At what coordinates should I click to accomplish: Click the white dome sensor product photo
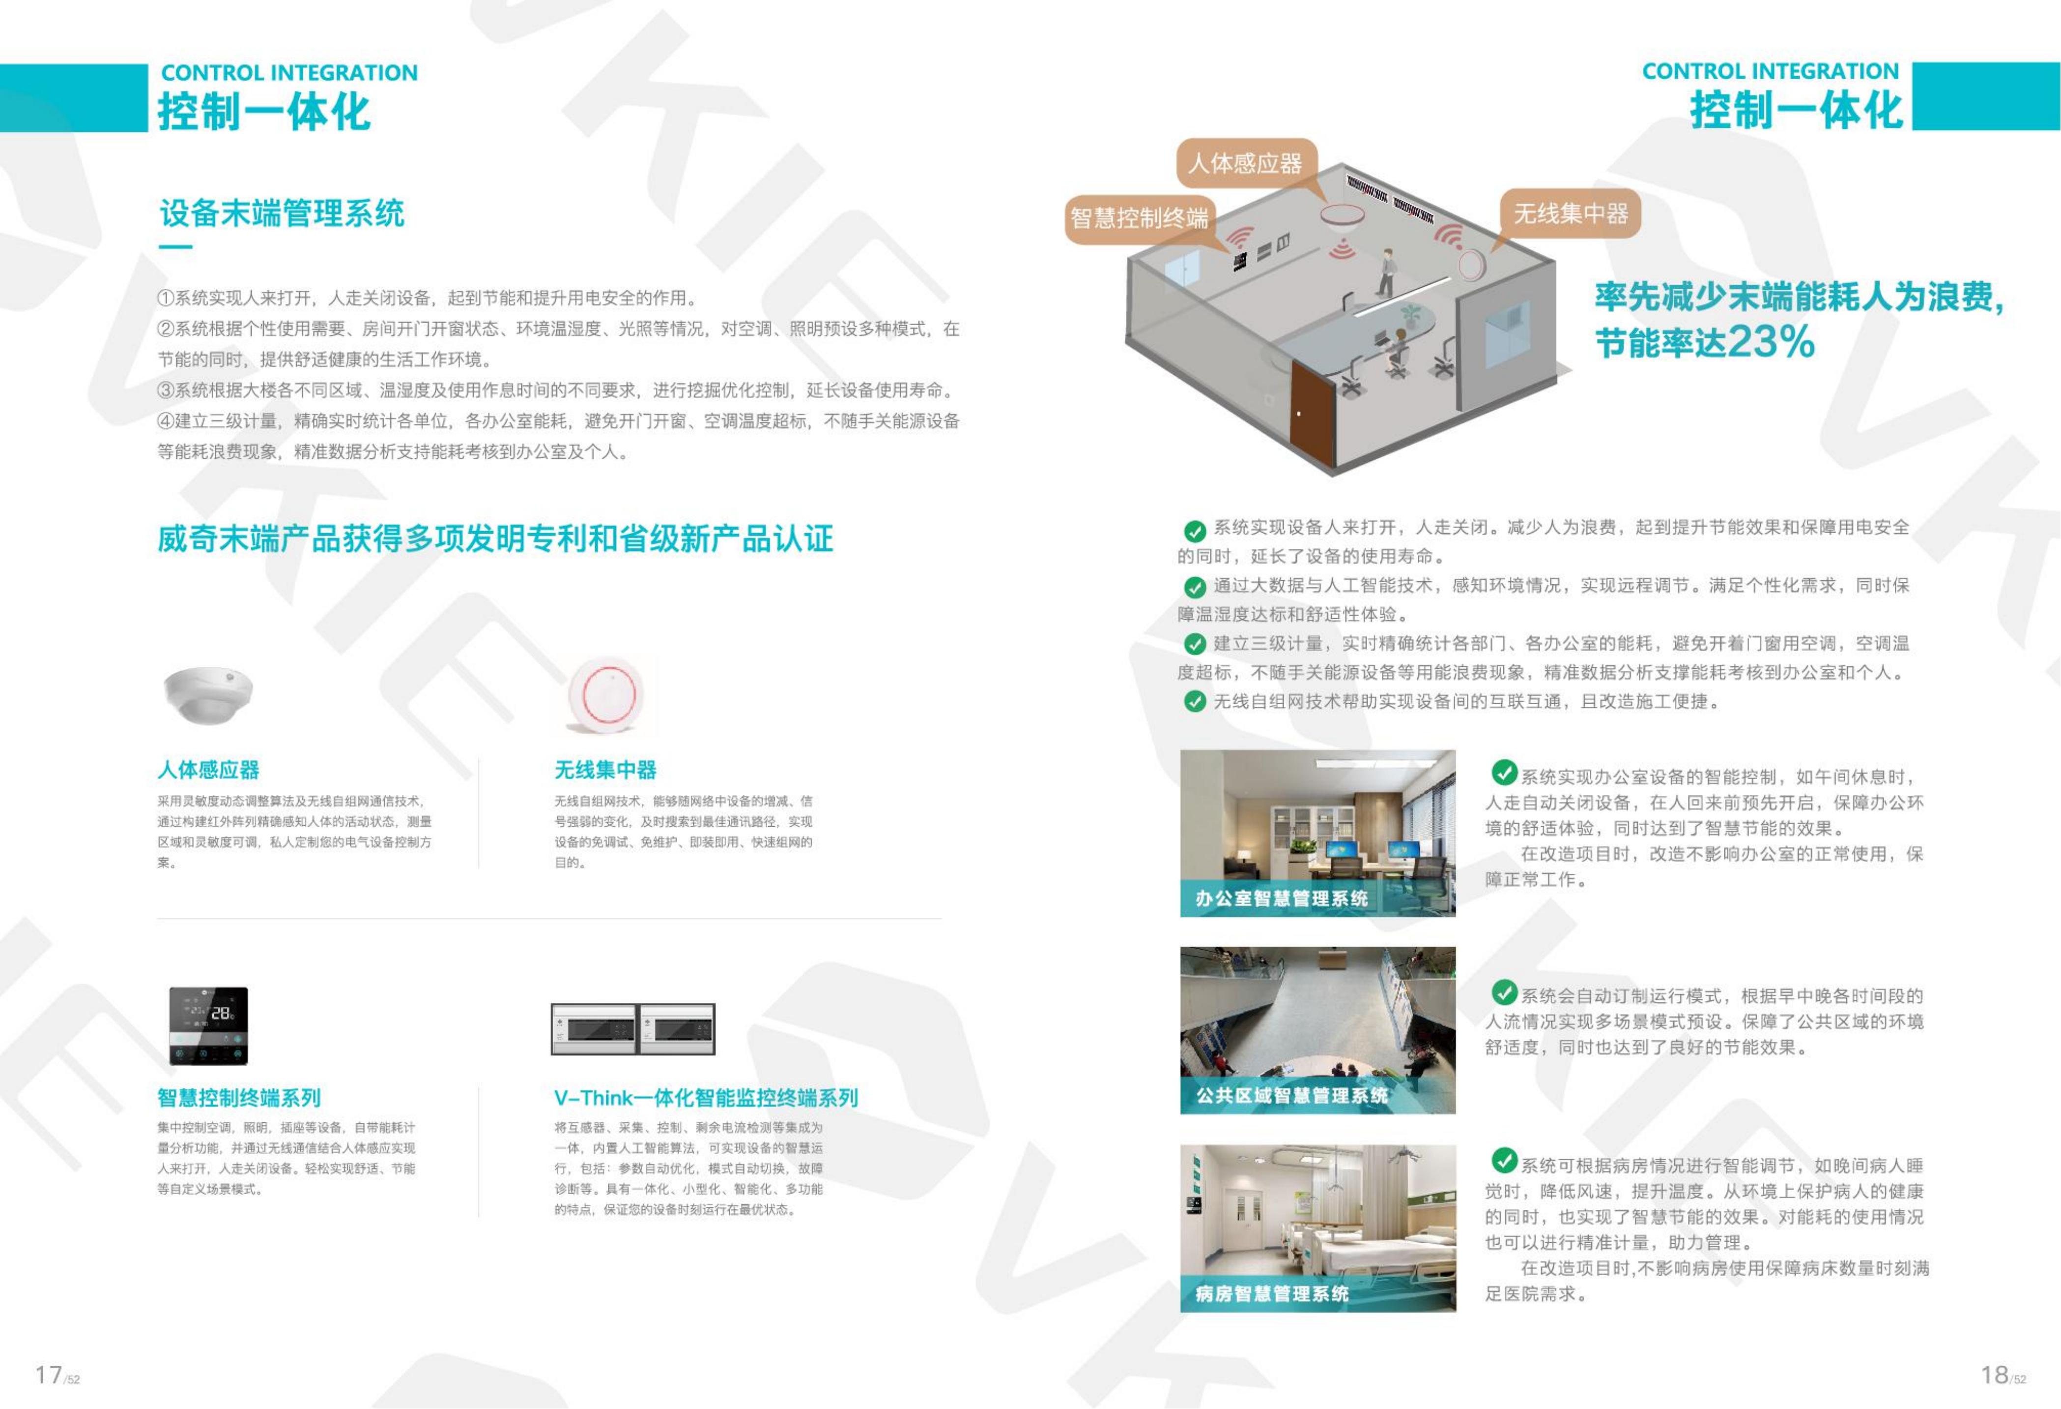click(x=208, y=693)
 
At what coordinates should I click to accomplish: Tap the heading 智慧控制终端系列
click(x=239, y=1098)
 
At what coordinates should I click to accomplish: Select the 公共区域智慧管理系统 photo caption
click(x=1292, y=1096)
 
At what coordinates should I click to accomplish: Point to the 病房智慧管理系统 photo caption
click(x=1272, y=1293)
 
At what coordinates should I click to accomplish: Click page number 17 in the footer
click(x=49, y=1375)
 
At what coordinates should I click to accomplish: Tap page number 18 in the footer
click(x=1995, y=1375)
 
